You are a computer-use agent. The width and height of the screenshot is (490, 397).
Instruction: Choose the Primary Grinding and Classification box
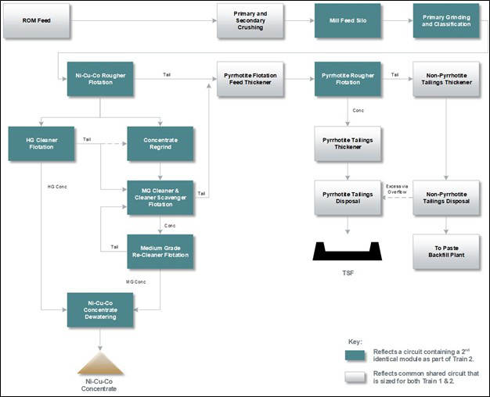(x=446, y=20)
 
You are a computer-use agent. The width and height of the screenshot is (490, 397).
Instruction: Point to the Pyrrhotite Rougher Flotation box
(x=348, y=79)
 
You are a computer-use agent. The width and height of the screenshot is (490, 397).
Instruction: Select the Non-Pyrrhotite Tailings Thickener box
(x=446, y=79)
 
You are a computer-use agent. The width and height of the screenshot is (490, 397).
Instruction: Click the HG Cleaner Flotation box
(x=41, y=144)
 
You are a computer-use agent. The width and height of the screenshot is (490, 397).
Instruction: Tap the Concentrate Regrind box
(x=160, y=144)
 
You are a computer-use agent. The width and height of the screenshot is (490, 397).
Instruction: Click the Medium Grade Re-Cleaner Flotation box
(x=160, y=251)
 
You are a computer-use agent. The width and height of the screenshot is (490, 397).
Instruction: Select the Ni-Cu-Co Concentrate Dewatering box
(x=100, y=309)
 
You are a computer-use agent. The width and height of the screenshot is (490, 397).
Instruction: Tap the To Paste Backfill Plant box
(x=446, y=251)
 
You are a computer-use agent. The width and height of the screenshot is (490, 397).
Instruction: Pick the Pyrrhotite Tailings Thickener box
(x=348, y=144)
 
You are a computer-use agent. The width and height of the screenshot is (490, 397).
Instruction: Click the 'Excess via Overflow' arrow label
(x=397, y=189)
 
